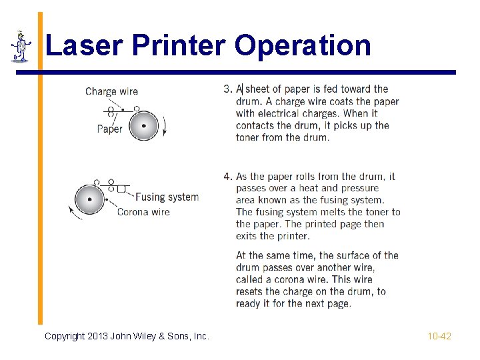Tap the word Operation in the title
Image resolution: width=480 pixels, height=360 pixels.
coord(303,46)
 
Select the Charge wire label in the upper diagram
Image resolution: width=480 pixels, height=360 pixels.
coord(111,91)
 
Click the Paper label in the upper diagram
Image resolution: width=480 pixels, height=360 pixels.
coord(109,129)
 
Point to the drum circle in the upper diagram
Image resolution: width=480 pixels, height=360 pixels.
coord(143,125)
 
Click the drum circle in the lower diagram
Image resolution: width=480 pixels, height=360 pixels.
coord(89,199)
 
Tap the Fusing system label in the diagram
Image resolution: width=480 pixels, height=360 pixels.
coord(167,197)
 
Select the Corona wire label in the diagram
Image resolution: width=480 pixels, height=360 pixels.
coord(143,212)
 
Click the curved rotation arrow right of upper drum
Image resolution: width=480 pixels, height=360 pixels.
coord(164,125)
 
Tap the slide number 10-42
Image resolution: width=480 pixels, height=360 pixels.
coord(439,336)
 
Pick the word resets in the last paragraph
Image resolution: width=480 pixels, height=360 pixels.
coord(251,291)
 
